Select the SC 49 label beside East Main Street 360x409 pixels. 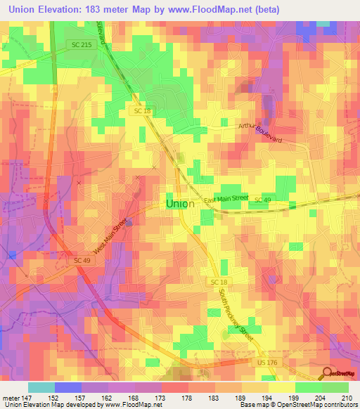pos(263,201)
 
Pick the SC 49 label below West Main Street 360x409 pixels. pos(83,260)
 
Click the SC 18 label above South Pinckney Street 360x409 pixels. pos(217,281)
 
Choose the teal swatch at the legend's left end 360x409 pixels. pos(41,387)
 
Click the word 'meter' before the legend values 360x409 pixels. pos(11,397)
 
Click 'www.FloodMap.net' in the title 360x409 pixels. pos(229,10)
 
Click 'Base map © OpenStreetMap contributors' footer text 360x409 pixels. pos(297,405)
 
